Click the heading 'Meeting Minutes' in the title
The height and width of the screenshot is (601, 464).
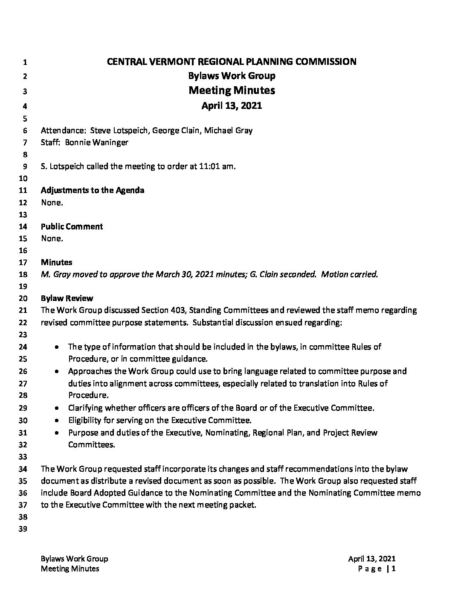click(x=232, y=90)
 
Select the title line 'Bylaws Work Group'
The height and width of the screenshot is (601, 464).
click(x=232, y=76)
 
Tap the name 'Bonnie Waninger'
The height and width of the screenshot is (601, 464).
click(x=96, y=143)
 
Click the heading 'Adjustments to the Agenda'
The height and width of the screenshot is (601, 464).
click(x=93, y=190)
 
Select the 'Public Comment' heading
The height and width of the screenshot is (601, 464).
click(x=72, y=227)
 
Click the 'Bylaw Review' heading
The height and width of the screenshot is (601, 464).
click(x=67, y=298)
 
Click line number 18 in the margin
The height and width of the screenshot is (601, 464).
click(x=24, y=275)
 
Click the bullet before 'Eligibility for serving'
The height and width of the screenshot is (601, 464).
click(x=57, y=420)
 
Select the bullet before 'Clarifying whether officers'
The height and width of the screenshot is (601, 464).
click(x=57, y=408)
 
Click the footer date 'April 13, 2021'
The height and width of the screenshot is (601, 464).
click(x=371, y=559)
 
